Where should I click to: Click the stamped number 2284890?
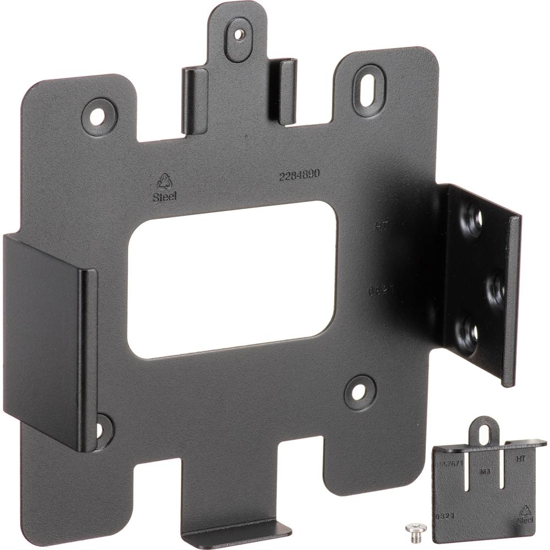point(300,176)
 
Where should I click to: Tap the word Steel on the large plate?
point(165,197)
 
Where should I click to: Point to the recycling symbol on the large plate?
point(164,182)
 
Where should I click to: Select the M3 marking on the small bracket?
point(485,471)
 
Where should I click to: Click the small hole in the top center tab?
point(239,34)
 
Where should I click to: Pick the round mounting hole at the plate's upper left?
point(99,116)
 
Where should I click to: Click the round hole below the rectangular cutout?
point(359,392)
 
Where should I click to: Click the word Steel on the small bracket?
point(525,520)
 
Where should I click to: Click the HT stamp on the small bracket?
point(520,457)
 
